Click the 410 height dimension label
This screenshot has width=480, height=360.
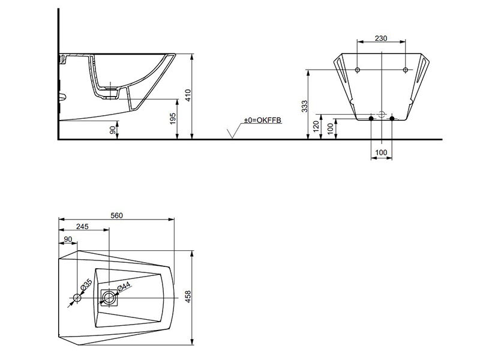188,95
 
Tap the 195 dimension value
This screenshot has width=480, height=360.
173,119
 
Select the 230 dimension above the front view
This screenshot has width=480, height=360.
381,38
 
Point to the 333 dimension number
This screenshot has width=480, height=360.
305,106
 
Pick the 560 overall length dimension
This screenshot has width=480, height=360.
116,215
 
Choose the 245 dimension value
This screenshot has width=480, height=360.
82,226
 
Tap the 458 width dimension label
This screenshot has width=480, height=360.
188,296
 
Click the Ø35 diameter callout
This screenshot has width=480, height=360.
86,284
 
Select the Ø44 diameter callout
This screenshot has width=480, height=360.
124,287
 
